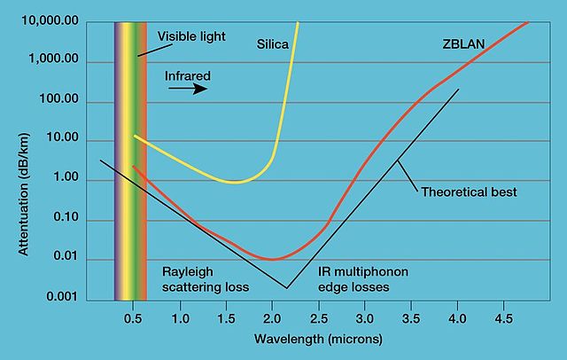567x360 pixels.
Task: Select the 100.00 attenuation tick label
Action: click(59, 100)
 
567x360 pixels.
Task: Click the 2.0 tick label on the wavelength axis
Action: click(272, 317)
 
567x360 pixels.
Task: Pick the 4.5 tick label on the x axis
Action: click(502, 317)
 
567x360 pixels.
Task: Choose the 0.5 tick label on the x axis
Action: click(134, 317)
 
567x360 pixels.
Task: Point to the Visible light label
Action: click(192, 36)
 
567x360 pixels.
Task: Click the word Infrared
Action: click(189, 76)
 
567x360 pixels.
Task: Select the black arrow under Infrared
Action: click(190, 89)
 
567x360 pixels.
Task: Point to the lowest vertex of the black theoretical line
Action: click(286, 288)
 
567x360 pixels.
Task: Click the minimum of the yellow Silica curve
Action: click(233, 182)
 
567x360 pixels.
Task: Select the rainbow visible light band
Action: click(130, 160)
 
